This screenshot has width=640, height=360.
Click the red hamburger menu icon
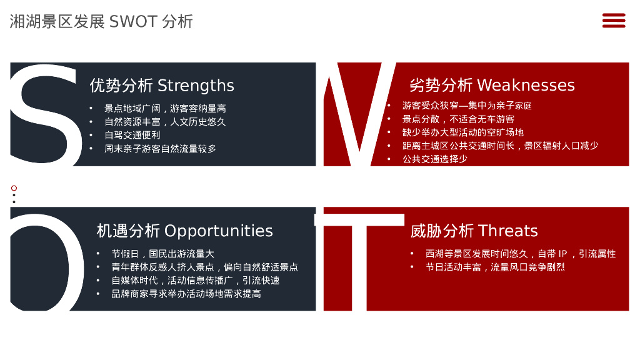click(614, 21)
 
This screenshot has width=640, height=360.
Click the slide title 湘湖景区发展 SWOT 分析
click(101, 22)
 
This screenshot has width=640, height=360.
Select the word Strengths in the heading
click(196, 86)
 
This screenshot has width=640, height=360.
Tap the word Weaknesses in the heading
click(526, 85)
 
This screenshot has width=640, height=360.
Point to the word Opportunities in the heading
click(218, 231)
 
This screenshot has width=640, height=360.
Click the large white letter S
click(45, 114)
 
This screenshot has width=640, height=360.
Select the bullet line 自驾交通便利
click(132, 135)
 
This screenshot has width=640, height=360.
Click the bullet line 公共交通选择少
click(435, 159)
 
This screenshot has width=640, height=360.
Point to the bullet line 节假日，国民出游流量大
click(163, 254)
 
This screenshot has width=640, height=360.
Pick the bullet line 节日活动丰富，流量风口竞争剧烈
click(495, 267)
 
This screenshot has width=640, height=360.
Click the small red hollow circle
click(14, 188)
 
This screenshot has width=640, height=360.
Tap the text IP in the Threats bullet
click(562, 254)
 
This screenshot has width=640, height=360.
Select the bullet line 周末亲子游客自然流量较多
click(161, 149)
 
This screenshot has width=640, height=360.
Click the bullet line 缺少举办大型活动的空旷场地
click(463, 132)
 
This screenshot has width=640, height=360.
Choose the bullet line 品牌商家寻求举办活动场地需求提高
click(186, 294)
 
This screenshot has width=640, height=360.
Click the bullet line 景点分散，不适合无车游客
click(458, 119)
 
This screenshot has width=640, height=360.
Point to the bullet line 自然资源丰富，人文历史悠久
click(165, 122)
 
